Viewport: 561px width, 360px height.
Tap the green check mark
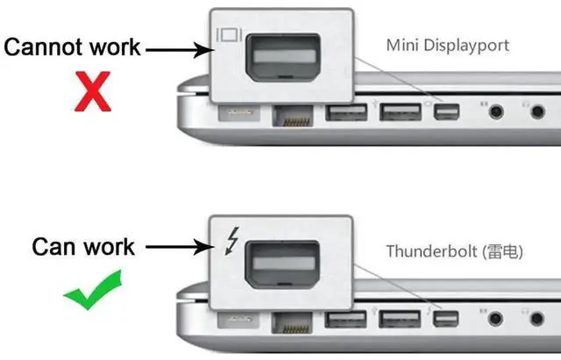(93, 293)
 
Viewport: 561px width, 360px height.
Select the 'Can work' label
(83, 246)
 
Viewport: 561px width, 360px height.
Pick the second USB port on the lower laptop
(400, 318)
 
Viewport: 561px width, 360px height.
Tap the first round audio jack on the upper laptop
(497, 112)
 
